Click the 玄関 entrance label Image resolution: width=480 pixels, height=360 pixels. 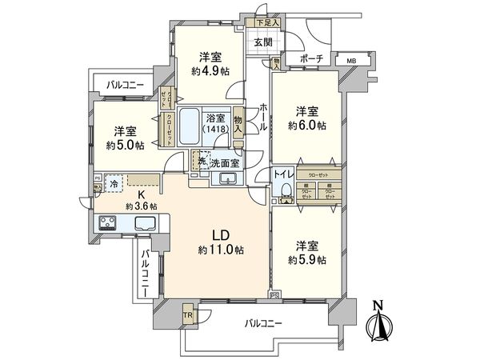(x=263, y=42)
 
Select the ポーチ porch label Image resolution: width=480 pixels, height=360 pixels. (x=312, y=58)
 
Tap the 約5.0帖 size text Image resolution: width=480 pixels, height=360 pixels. (x=124, y=146)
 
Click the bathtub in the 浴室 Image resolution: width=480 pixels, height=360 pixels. (x=190, y=127)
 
